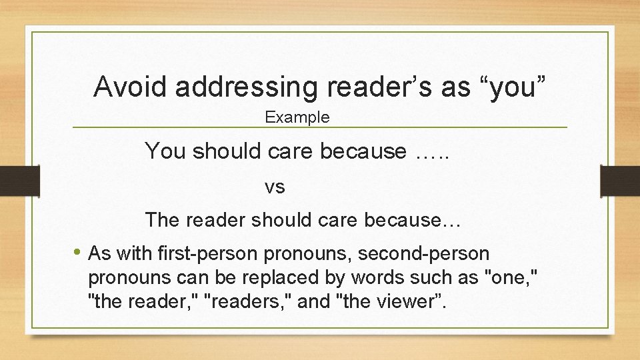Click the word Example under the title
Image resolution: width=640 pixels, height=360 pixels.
click(x=297, y=118)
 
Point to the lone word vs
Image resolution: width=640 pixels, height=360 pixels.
click(x=275, y=187)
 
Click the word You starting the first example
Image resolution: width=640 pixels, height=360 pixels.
click(x=165, y=151)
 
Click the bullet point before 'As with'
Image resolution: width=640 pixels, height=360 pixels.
click(x=78, y=253)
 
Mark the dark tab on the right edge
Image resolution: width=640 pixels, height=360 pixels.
click(x=620, y=181)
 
